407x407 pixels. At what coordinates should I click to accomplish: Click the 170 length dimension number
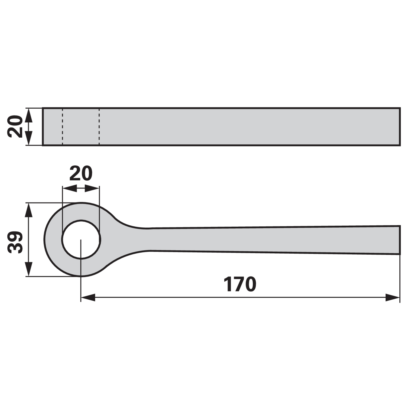[x=240, y=284]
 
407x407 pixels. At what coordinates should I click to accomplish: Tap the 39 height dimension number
[x=15, y=242]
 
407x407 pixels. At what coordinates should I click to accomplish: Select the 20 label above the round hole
[x=81, y=173]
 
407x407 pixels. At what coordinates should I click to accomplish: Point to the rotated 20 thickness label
[x=15, y=126]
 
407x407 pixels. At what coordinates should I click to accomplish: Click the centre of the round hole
[x=81, y=239]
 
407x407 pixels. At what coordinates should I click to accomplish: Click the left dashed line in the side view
[x=63, y=127]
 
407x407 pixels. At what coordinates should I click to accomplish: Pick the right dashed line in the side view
[x=99, y=127]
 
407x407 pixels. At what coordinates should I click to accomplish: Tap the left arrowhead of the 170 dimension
[x=88, y=297]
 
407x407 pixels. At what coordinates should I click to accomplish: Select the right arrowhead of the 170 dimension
[x=393, y=297]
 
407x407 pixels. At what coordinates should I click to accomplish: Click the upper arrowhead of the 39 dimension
[x=29, y=210]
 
